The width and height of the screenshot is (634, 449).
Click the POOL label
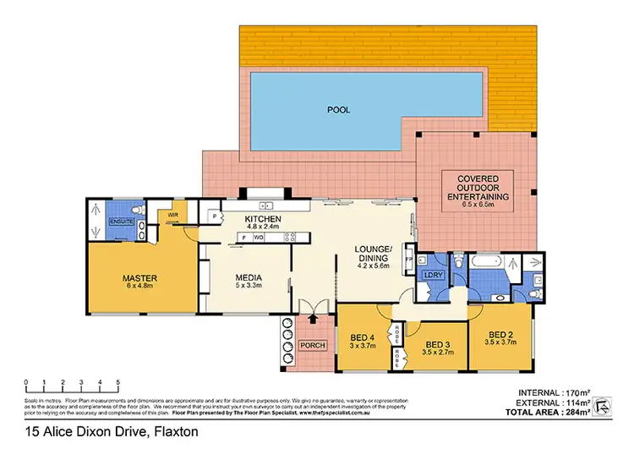[x=338, y=110]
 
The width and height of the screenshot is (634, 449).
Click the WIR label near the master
[x=172, y=216]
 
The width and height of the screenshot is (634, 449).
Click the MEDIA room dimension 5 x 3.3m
[x=248, y=287]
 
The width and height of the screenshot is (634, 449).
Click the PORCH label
[x=312, y=347]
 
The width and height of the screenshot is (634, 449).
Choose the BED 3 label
[x=436, y=344]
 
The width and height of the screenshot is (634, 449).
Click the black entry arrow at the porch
[x=313, y=320]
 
